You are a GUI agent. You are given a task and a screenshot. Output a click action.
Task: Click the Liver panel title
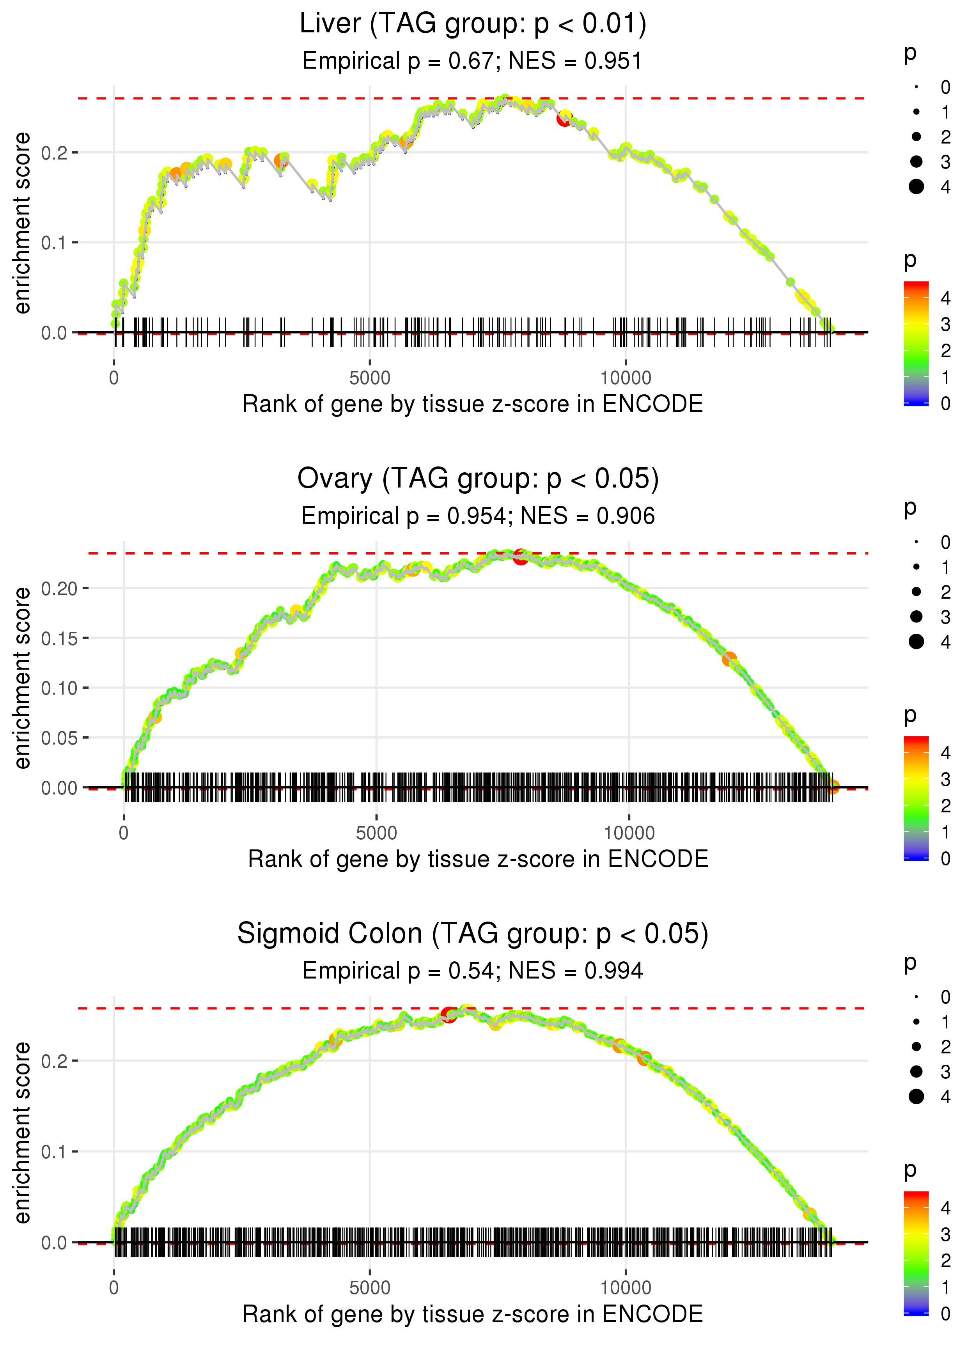click(x=473, y=24)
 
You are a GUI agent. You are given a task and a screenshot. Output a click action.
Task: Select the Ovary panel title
click(x=478, y=479)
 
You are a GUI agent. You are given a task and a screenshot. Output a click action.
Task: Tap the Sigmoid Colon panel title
click(x=473, y=934)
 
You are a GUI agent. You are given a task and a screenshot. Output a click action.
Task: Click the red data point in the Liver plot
click(x=564, y=119)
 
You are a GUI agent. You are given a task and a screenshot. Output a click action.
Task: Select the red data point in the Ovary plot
click(x=521, y=557)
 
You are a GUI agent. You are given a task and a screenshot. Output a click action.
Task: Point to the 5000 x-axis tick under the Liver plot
click(x=370, y=378)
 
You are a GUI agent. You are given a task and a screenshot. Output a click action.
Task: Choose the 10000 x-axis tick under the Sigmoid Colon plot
click(x=626, y=1288)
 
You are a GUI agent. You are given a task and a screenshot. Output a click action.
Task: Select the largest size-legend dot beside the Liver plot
click(x=916, y=187)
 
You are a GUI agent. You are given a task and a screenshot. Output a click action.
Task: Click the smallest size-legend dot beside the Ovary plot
click(x=916, y=542)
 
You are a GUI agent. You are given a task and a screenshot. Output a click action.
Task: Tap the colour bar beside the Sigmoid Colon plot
click(x=916, y=1252)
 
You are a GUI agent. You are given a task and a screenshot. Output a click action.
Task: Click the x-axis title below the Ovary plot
click(x=478, y=859)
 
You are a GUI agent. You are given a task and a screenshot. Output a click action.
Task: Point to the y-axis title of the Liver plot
click(x=22, y=223)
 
